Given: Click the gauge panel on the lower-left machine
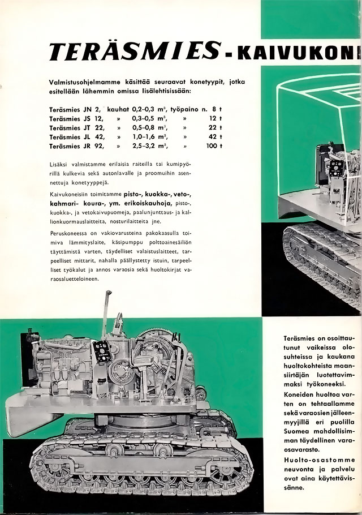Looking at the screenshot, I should click(x=102, y=349).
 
